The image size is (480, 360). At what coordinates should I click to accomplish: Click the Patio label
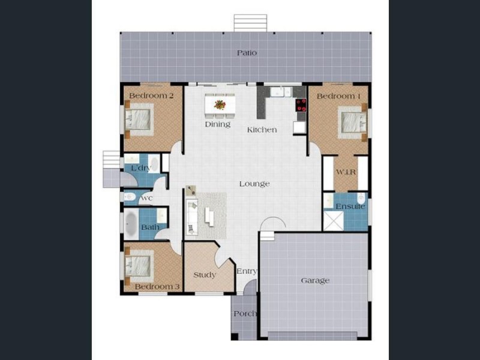(247, 53)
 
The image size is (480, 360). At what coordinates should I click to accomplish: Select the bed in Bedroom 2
(138, 119)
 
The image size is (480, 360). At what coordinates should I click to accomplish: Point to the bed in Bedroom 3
(138, 266)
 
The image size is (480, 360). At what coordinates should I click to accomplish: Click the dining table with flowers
(220, 105)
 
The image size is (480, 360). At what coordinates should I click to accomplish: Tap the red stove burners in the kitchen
(301, 105)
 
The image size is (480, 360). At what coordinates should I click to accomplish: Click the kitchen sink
(280, 92)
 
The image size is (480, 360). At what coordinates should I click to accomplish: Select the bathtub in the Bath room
(131, 224)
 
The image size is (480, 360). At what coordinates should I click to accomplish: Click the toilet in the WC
(130, 197)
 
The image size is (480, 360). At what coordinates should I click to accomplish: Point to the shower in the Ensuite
(334, 220)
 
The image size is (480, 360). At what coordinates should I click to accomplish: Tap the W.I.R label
(346, 172)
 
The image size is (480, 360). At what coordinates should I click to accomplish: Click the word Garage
(315, 280)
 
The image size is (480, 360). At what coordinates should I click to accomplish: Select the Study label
(205, 275)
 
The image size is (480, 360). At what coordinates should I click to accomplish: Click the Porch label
(245, 313)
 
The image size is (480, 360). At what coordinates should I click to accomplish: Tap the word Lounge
(254, 184)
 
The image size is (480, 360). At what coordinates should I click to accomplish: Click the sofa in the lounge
(192, 217)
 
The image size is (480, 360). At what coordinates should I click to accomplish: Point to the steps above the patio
(250, 23)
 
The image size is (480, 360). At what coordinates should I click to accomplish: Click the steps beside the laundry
(112, 160)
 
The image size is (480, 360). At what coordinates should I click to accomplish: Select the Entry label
(247, 271)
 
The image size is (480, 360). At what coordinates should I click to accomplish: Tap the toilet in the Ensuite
(361, 199)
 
